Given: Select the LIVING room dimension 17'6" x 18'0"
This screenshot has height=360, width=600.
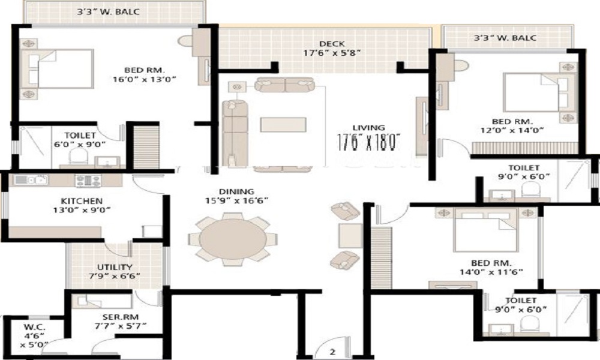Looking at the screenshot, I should (368, 143).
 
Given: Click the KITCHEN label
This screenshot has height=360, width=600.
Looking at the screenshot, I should (81, 200).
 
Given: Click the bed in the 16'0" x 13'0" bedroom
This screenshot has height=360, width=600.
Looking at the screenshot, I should (58, 68).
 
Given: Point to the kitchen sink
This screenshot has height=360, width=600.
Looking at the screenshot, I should (30, 179).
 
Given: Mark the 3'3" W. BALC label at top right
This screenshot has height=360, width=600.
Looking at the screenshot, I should (505, 38).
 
